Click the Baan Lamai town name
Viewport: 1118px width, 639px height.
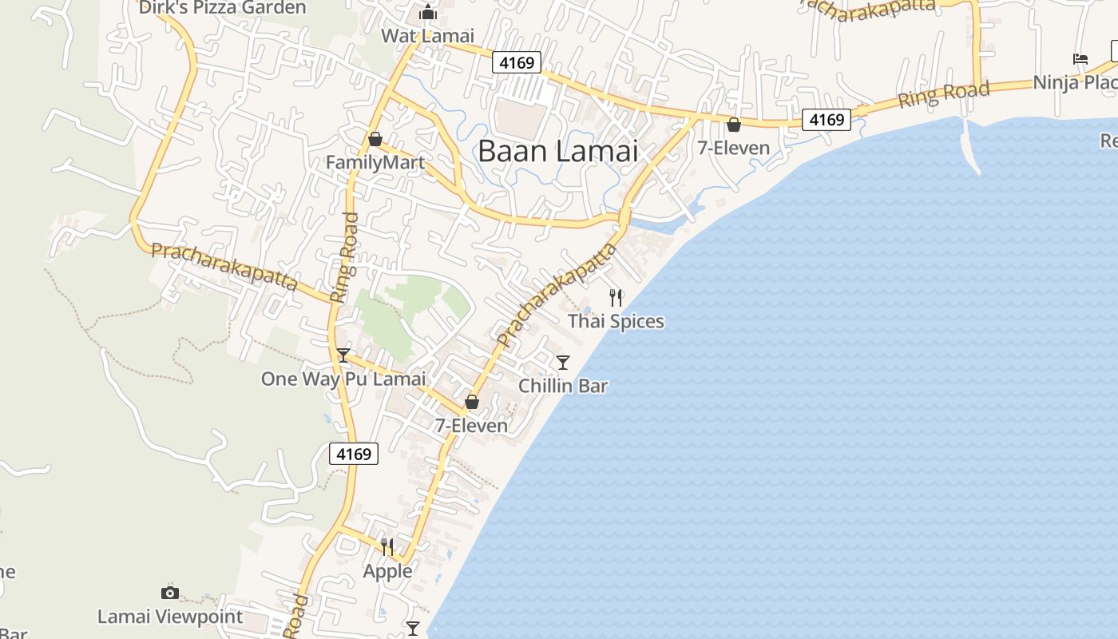[x=558, y=151]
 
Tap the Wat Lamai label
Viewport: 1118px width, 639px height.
[x=427, y=36]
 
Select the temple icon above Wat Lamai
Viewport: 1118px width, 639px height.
[x=428, y=13]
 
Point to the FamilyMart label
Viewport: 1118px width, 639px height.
[x=375, y=163]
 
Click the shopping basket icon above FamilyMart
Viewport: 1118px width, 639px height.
[x=375, y=140]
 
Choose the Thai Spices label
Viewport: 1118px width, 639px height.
[x=616, y=321]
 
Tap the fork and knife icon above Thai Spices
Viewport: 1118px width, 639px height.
[x=616, y=298]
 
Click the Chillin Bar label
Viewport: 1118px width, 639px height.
[x=563, y=386]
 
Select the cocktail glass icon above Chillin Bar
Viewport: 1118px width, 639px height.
[x=563, y=363]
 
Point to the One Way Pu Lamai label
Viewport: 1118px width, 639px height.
[x=343, y=379]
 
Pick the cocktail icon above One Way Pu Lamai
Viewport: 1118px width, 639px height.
[x=343, y=355]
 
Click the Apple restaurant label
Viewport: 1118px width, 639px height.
[x=388, y=571]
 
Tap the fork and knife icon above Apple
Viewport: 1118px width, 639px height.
[x=387, y=547]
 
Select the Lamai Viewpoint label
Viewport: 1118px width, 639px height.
[x=170, y=617]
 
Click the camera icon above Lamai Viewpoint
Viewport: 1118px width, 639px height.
[x=170, y=593]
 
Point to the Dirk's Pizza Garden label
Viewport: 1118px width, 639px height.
[x=222, y=8]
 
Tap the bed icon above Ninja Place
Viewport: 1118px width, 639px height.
[x=1080, y=58]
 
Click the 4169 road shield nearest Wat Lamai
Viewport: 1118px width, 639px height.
[x=516, y=62]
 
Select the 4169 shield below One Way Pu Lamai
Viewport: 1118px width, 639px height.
[x=354, y=454]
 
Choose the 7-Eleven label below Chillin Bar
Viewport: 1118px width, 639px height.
[x=471, y=426]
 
